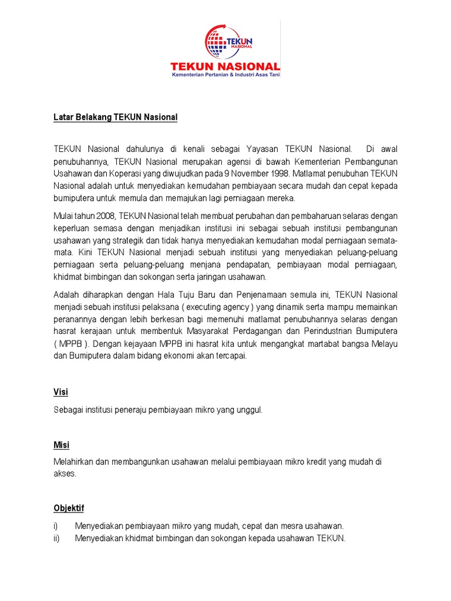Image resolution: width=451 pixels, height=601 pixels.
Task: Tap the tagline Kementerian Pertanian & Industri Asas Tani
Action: coord(225,76)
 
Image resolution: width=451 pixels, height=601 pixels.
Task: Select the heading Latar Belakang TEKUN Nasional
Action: coord(115,117)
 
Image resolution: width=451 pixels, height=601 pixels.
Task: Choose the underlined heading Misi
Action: coord(61,445)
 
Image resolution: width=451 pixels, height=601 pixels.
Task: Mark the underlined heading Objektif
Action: coord(69,508)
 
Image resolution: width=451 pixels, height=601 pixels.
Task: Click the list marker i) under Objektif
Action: coord(56,526)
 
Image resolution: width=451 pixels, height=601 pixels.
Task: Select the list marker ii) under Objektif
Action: coord(56,538)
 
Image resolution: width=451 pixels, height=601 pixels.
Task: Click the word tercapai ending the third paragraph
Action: coord(230,356)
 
